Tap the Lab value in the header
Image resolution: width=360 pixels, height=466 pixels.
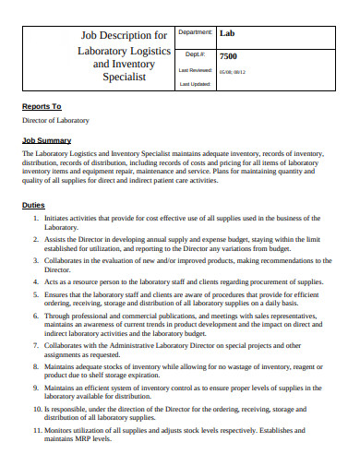pyautogui.click(x=228, y=33)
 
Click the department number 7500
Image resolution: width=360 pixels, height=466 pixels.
pyautogui.click(x=230, y=54)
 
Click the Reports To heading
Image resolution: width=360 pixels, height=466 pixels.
pyautogui.click(x=42, y=106)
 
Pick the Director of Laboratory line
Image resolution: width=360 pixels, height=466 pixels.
pyautogui.click(x=56, y=121)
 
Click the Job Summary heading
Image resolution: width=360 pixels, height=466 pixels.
pyautogui.click(x=47, y=140)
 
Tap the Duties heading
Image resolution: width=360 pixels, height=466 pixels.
pyautogui.click(x=34, y=205)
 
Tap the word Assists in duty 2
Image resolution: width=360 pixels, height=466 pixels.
pyautogui.click(x=57, y=238)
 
